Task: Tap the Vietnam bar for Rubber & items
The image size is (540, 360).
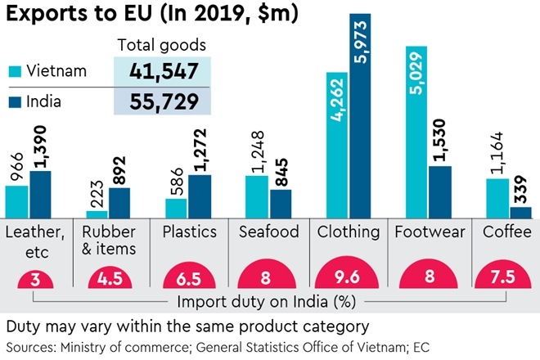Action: click(97, 214)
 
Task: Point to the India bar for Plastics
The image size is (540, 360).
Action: click(199, 196)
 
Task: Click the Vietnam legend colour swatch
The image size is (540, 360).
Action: click(14, 71)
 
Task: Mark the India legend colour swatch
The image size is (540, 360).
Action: click(14, 101)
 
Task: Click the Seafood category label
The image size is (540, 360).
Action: click(268, 232)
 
